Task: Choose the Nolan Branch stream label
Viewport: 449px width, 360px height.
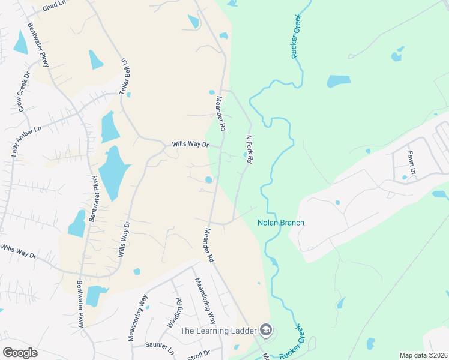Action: pyautogui.click(x=281, y=223)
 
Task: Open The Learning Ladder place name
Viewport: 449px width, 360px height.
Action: pyautogui.click(x=218, y=331)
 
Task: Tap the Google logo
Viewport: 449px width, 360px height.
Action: pyautogui.click(x=20, y=353)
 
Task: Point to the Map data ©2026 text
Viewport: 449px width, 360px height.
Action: pyautogui.click(x=423, y=355)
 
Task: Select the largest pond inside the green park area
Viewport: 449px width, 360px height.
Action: pyautogui.click(x=338, y=81)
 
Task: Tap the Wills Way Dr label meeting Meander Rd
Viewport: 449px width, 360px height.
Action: pyautogui.click(x=190, y=145)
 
